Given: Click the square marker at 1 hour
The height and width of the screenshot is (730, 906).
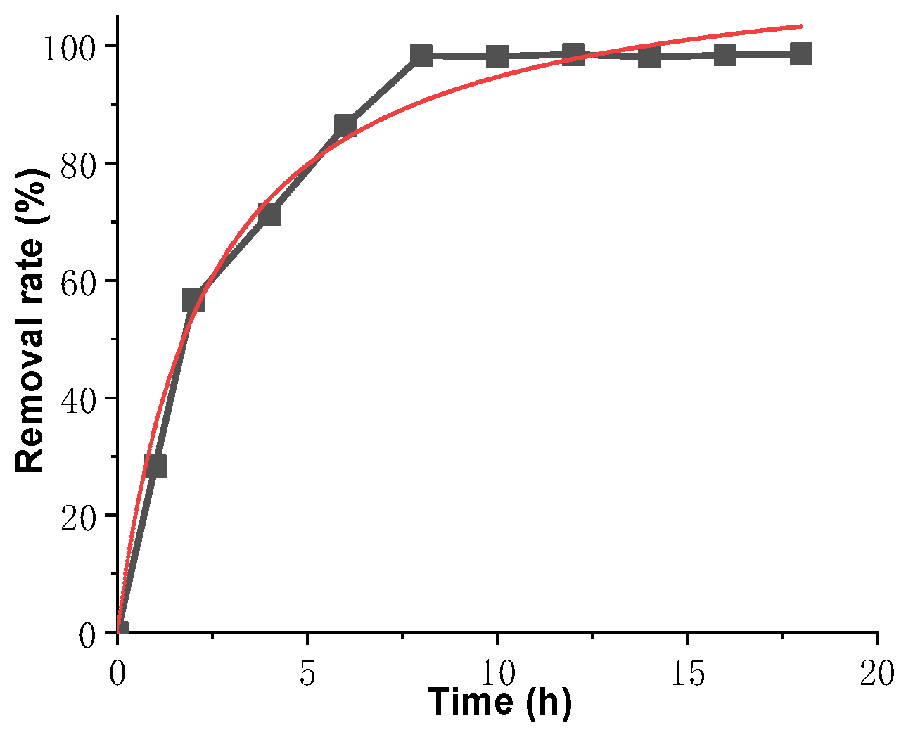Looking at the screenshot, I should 155,465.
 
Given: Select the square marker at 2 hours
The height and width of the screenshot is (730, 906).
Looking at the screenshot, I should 193,300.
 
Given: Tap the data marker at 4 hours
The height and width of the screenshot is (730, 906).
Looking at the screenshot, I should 269,214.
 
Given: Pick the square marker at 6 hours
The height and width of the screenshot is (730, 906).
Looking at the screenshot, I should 345,126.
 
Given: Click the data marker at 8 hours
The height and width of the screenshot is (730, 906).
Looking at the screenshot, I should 421,55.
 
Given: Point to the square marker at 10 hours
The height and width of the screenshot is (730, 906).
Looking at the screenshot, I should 497,56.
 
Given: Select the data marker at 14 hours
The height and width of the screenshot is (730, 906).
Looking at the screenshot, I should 649,56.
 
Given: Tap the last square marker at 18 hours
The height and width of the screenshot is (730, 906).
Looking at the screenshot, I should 801,53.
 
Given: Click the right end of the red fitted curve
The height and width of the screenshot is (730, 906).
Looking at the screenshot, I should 800,26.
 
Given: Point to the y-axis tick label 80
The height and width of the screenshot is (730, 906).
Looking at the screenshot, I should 77,164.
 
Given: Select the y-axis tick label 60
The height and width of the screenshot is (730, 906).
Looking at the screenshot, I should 77,281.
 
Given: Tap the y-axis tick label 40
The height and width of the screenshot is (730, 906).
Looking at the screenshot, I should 77,399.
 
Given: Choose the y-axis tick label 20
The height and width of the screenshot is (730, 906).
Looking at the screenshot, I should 77,516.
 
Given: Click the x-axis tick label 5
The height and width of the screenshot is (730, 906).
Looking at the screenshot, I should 307,674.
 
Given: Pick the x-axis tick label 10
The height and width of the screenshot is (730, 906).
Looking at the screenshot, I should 497,674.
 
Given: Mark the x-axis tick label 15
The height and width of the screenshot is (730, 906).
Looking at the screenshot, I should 687,674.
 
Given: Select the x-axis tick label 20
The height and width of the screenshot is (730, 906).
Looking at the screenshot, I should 876,674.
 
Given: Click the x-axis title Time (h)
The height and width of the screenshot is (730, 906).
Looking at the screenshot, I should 500,702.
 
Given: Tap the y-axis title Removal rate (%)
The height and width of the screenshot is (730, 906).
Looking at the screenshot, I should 30,320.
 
